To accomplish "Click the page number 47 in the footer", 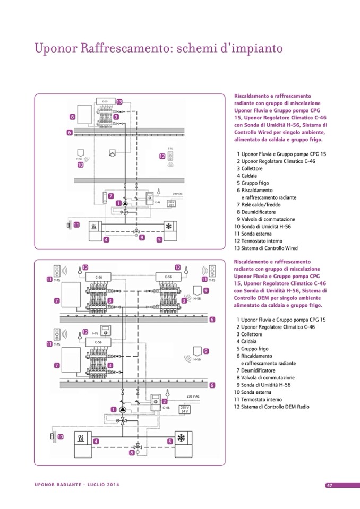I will [x=329, y=485].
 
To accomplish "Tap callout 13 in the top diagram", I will [x=119, y=101].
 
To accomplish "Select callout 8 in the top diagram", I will [x=72, y=116].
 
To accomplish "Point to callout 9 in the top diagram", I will [x=142, y=238].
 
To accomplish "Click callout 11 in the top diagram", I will [x=76, y=225].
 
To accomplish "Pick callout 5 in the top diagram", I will [x=159, y=239].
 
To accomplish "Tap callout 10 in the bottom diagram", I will [x=61, y=437].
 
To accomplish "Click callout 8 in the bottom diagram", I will [x=132, y=453].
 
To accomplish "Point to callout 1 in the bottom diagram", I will [x=114, y=409].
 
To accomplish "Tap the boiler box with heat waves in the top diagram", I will [x=93, y=225].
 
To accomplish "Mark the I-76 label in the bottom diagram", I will [x=95, y=332].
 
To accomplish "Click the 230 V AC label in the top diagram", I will [x=177, y=194].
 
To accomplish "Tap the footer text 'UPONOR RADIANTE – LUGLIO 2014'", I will [x=78, y=485].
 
